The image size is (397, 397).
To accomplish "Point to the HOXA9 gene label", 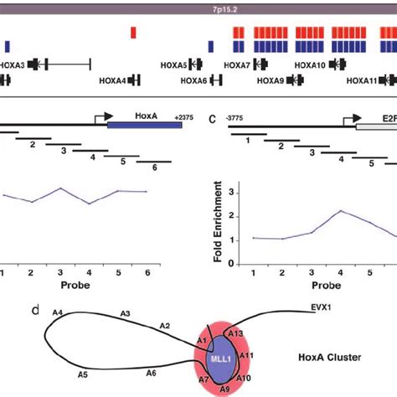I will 270,80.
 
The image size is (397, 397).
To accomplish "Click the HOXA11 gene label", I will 363,80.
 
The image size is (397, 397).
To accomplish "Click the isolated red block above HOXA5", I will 133,32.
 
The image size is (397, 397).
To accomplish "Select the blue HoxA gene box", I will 144,125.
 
